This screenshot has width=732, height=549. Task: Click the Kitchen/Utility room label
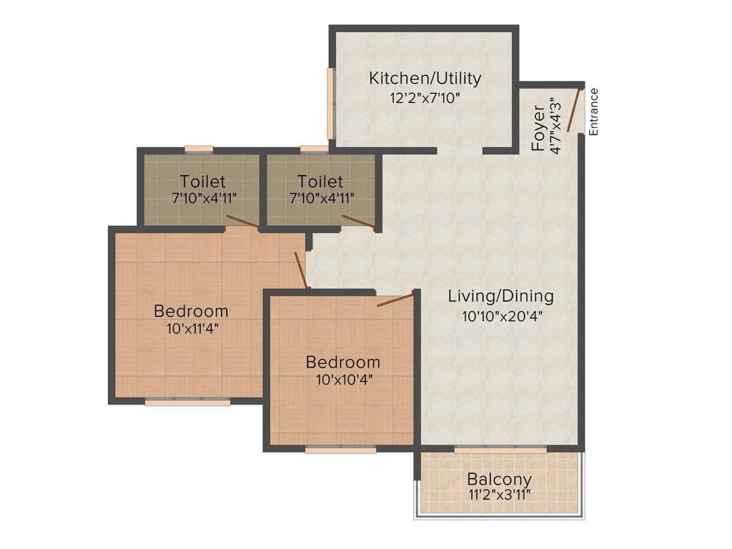[x=425, y=78]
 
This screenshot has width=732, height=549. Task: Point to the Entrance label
[x=593, y=111]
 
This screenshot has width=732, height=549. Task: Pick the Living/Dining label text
[x=500, y=295]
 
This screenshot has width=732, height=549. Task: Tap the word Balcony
[x=499, y=478]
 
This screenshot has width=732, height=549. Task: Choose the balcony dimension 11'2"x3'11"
[x=499, y=495]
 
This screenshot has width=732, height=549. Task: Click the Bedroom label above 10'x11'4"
[x=191, y=311]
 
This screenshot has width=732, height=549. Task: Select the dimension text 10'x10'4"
[x=343, y=379]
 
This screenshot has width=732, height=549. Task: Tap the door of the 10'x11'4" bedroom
[x=301, y=271]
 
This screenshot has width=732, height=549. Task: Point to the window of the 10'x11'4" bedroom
[x=187, y=402]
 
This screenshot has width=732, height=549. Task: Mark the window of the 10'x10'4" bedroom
[x=340, y=450]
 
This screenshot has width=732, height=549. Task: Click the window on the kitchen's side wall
[x=331, y=104]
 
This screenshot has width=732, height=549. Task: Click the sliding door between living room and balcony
[x=500, y=448]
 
